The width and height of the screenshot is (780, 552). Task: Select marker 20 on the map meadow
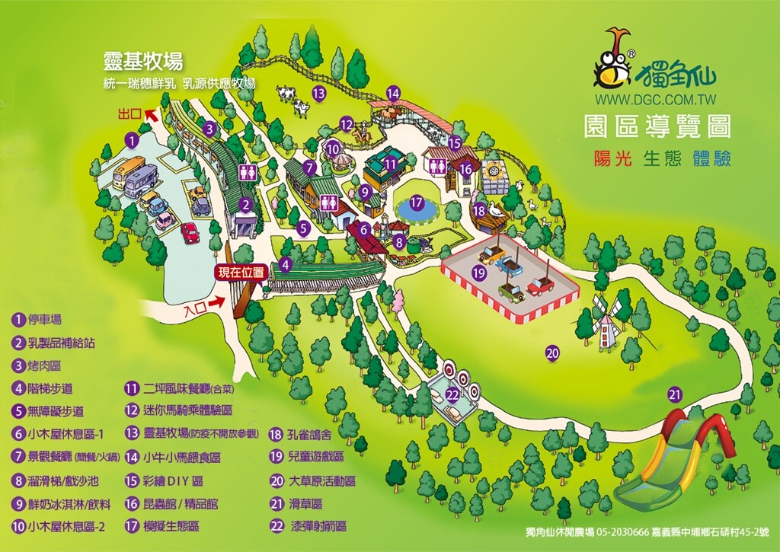pos(553,352)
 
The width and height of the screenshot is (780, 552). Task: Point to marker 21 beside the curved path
pos(674,394)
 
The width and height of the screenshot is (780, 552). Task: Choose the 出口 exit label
pos(130,114)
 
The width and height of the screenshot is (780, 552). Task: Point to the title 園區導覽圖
pos(657,126)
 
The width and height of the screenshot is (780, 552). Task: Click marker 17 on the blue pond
pos(416,203)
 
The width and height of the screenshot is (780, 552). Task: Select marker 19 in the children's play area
pos(479,271)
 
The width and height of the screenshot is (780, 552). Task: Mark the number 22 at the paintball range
pos(452,394)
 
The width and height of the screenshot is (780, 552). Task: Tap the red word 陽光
pos(613,158)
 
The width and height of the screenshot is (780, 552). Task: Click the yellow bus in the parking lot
pos(128,172)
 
